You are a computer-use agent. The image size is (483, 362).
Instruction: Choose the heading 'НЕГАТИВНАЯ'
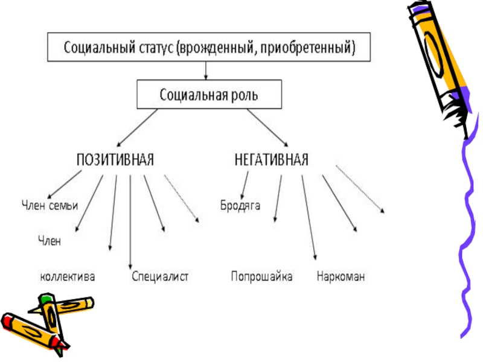[x=271, y=160]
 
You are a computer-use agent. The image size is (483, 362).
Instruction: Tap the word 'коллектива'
[x=68, y=277]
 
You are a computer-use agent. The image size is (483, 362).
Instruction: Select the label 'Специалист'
[x=160, y=277]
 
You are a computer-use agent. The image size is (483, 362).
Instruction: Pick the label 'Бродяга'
[x=240, y=206]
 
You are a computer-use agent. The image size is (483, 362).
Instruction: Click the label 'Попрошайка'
[x=261, y=277]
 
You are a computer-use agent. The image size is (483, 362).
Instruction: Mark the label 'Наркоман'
[x=341, y=277]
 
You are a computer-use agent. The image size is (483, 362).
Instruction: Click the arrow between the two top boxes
[x=207, y=71]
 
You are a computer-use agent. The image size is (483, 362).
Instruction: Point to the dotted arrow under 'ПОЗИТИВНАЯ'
[x=181, y=199]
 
